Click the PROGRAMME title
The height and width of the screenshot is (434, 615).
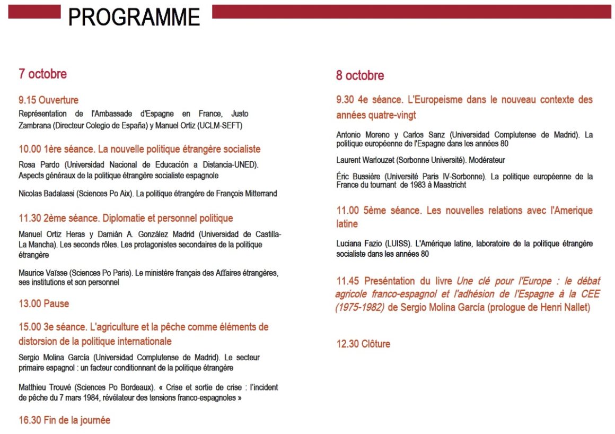pos(134,17)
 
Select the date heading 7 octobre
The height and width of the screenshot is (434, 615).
pos(42,74)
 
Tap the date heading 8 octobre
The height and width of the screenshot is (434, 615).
pos(359,75)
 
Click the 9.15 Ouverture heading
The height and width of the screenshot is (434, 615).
pos(48,100)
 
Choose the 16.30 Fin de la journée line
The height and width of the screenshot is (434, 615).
pos(64,420)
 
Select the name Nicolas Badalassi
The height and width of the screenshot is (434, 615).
pos(46,194)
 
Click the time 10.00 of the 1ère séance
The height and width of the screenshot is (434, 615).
pos(29,149)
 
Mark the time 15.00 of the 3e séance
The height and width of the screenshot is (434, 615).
pos(29,327)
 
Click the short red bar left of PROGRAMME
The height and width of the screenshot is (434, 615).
pos(34,12)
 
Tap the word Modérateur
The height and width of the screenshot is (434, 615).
pos(487,160)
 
